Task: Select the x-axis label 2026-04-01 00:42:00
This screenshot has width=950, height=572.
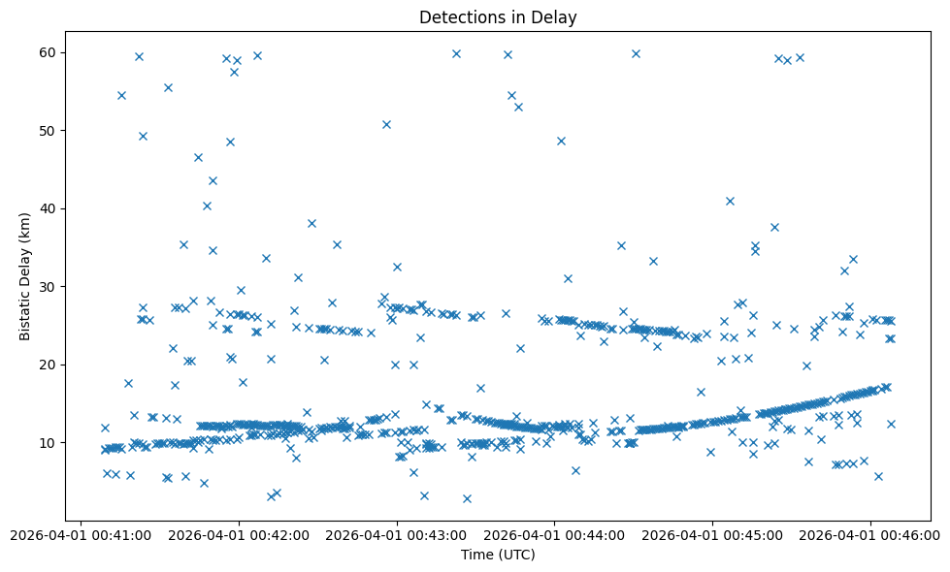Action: (x=240, y=534)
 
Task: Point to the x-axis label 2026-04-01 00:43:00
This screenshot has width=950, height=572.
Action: (x=397, y=534)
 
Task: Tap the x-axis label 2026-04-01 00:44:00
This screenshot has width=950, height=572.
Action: (x=555, y=534)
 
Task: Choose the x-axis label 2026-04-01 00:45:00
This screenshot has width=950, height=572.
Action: (x=712, y=534)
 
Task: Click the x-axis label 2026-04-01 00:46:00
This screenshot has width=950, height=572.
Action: (x=869, y=534)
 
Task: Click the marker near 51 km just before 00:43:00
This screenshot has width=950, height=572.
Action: (x=386, y=124)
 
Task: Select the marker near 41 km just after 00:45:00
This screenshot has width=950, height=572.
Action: (x=730, y=201)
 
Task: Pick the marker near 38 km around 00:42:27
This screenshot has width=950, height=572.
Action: (x=311, y=223)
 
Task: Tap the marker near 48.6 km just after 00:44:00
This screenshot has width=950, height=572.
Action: (x=561, y=141)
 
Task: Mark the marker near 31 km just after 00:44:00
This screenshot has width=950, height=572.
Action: (x=568, y=278)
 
